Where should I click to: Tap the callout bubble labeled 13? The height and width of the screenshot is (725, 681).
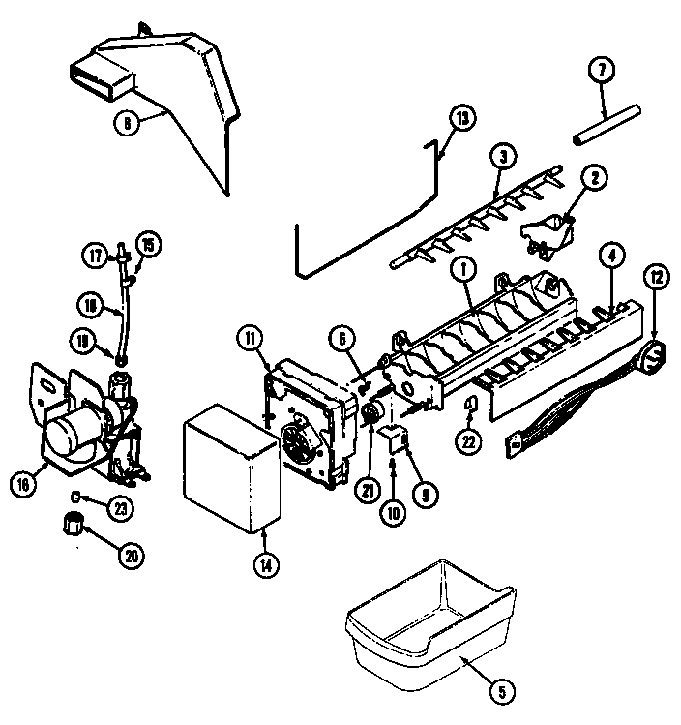tap(462, 119)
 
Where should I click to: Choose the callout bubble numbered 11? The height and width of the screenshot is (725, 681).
tap(248, 339)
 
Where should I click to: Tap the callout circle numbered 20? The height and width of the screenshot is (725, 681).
tap(130, 555)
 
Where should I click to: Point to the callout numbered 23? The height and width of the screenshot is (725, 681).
tap(120, 507)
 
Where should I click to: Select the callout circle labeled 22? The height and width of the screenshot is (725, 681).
tap(468, 441)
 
